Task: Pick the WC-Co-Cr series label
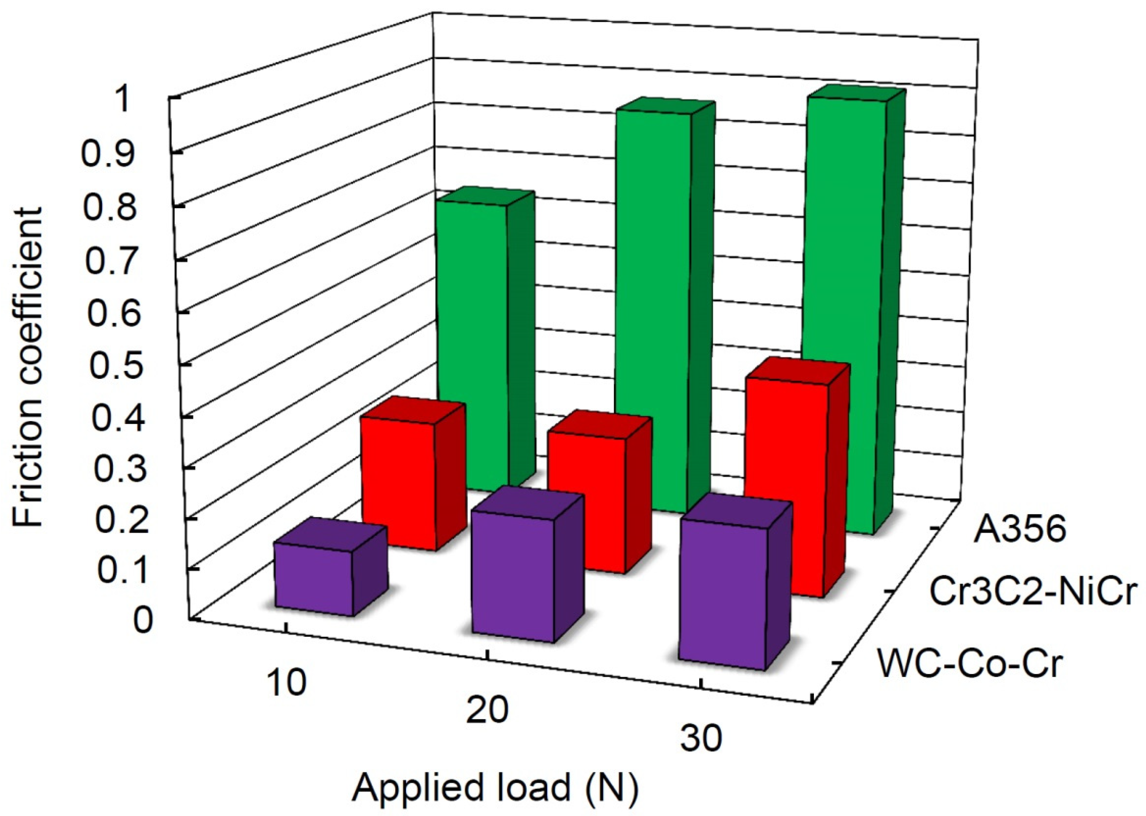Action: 970,663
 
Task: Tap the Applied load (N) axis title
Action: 495,788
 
